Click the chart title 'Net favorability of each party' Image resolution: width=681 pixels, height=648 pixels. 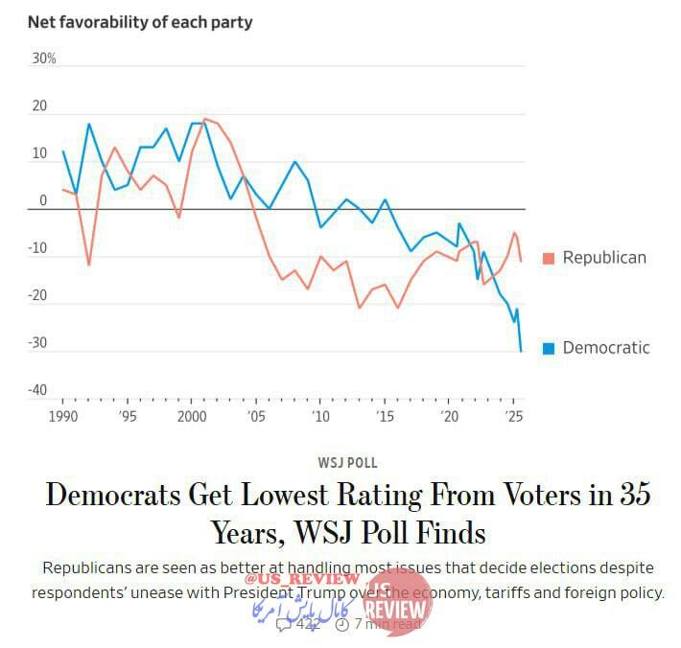(140, 21)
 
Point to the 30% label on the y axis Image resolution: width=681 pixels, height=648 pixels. (44, 58)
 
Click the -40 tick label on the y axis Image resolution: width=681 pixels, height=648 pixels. (37, 390)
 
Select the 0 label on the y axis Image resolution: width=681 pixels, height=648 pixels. (43, 200)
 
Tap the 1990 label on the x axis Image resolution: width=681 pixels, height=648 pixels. (62, 417)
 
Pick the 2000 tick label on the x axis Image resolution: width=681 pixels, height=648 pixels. (193, 417)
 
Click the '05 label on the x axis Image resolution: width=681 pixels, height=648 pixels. (256, 417)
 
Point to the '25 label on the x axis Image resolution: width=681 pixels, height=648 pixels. (515, 417)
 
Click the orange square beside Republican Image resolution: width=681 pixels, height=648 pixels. (549, 258)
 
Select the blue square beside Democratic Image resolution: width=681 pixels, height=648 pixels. (549, 348)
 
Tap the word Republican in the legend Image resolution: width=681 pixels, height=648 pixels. (604, 258)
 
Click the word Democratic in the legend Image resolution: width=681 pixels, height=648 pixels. (606, 348)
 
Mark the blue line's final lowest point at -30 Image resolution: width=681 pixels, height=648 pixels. (521, 351)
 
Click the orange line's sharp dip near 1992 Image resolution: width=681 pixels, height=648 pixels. (89, 265)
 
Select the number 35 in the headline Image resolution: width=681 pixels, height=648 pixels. (629, 496)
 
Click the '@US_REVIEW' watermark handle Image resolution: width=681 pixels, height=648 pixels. (301, 579)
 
